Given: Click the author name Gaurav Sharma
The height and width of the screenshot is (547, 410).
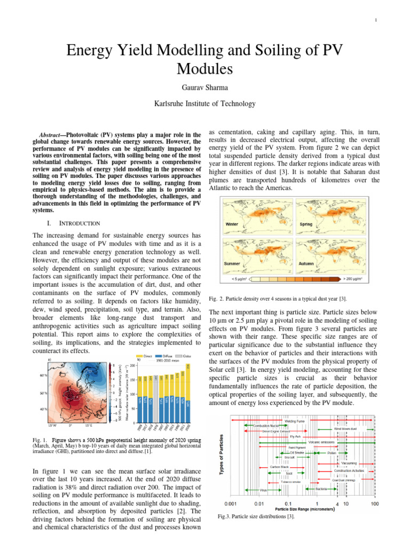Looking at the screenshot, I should (205, 86).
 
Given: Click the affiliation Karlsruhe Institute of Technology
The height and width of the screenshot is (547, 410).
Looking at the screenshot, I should (205, 104).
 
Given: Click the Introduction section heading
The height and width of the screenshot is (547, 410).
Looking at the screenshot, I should (72, 222).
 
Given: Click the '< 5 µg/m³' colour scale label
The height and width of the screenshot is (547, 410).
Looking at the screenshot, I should (238, 279).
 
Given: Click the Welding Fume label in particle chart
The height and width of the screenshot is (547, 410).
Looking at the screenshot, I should (294, 421).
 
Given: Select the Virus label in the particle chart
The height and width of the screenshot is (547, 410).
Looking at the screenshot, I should (263, 489).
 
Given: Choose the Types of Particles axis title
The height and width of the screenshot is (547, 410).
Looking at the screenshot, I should (223, 459).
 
